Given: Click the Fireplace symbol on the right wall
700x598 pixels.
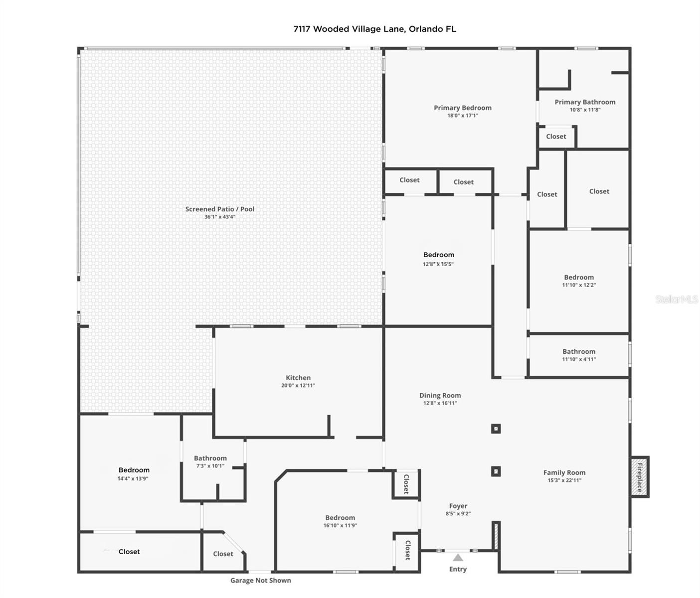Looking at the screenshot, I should tap(640, 477).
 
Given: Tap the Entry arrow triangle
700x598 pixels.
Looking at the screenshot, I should tap(458, 558).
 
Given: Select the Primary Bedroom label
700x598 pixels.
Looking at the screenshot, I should tap(462, 108).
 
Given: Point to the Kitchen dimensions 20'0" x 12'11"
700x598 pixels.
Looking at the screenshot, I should tap(298, 385).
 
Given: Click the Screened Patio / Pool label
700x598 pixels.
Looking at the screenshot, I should tap(220, 209).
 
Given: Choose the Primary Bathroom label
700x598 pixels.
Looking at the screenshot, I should tap(585, 102).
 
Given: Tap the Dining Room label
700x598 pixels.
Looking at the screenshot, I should tap(440, 395).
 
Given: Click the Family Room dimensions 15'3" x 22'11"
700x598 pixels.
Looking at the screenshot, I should tap(564, 480).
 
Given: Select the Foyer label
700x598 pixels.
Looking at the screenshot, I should tap(458, 506).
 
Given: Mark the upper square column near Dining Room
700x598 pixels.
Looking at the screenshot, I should tap(496, 429).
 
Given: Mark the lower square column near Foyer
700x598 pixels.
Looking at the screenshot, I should tap(496, 471).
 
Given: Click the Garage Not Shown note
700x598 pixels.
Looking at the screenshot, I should tap(260, 580).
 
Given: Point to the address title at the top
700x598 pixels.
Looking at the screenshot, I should tap(374, 29).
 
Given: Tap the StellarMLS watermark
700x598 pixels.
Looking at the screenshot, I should tap(676, 299).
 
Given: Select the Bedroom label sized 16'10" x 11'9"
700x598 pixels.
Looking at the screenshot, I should tap(340, 518).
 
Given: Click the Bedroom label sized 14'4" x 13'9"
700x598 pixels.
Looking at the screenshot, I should tap(134, 470).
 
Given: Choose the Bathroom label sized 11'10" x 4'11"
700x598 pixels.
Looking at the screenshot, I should tap(579, 351).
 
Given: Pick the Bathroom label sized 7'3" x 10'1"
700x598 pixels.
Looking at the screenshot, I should tap(210, 458).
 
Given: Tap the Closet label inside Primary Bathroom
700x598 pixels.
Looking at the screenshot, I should tap(556, 137).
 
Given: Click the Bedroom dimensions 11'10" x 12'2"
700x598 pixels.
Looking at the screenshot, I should tap(579, 285).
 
